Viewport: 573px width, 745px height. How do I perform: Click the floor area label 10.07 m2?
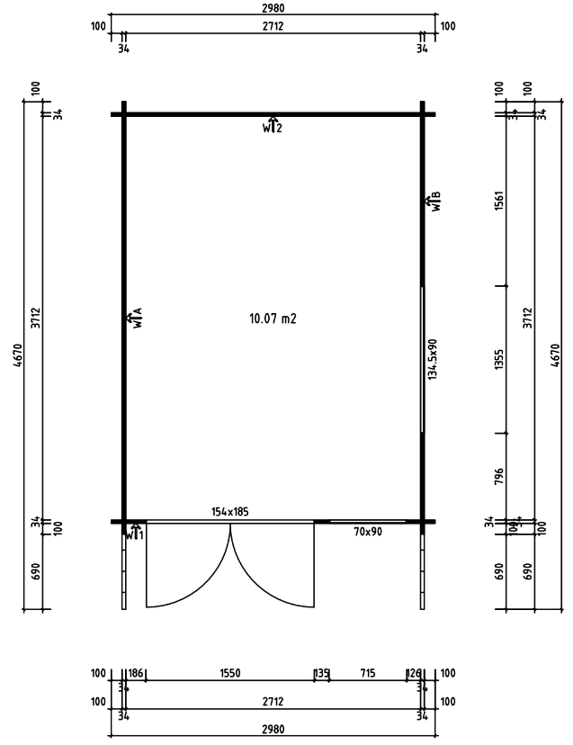click(x=273, y=319)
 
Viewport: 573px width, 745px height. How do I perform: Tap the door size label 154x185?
click(x=230, y=512)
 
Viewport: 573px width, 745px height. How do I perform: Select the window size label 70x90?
click(x=368, y=533)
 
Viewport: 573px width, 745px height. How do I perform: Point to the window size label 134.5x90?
click(x=433, y=360)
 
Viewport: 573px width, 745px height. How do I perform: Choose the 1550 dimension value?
click(x=230, y=673)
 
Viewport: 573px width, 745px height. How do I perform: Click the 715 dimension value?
click(x=368, y=673)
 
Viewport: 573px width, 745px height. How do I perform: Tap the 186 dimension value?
click(x=135, y=673)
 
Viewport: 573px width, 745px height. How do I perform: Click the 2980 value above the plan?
click(x=273, y=8)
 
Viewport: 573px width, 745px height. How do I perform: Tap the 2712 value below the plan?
click(x=273, y=700)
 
